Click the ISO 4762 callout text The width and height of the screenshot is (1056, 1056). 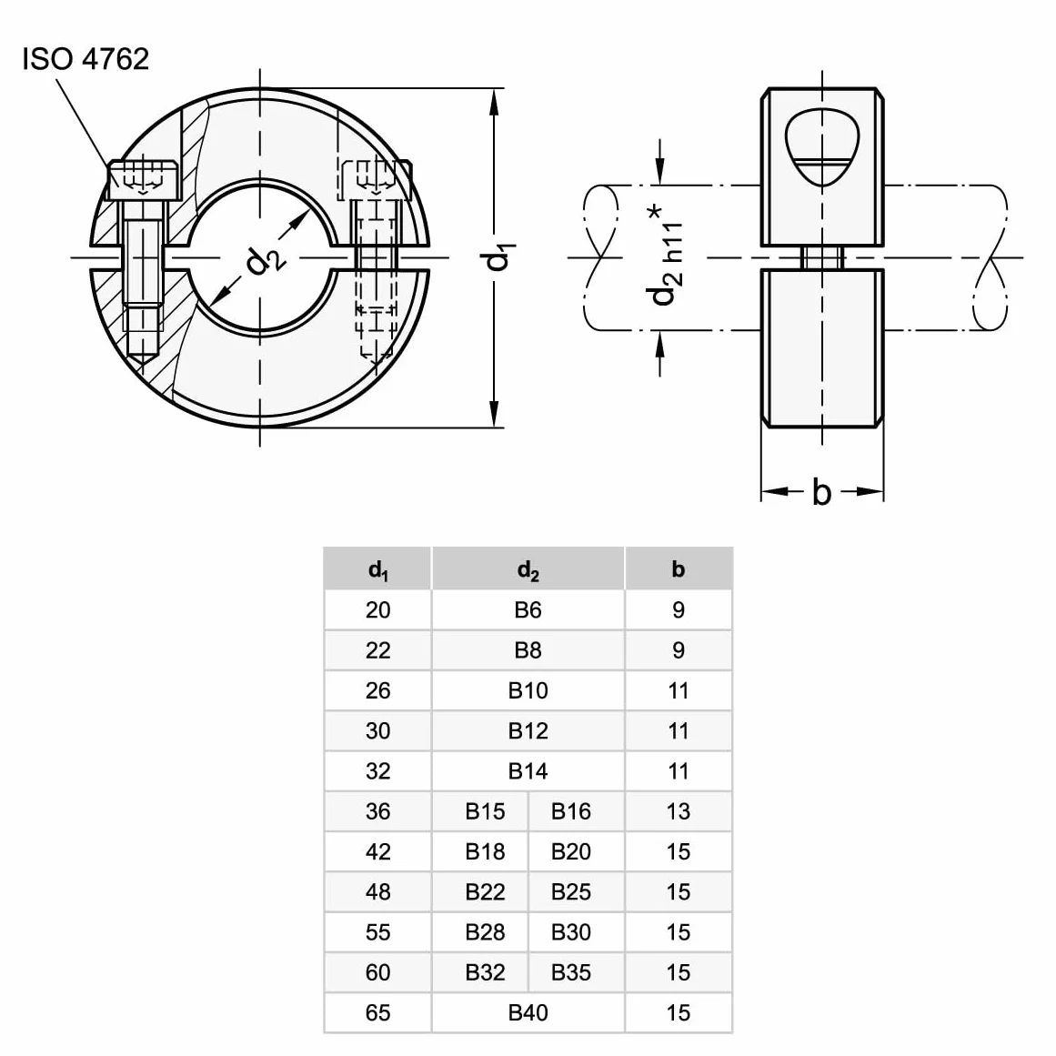tap(85, 59)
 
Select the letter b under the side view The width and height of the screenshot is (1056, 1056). tap(821, 492)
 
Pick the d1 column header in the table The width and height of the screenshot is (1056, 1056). tap(377, 569)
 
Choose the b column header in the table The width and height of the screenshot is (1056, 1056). tap(679, 569)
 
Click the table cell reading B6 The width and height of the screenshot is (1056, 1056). tap(528, 609)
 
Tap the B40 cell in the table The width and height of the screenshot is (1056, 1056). tap(528, 1012)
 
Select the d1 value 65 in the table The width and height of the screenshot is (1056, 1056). tap(377, 1012)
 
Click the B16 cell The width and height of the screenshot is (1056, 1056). tap(571, 810)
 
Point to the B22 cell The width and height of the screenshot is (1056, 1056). tap(485, 891)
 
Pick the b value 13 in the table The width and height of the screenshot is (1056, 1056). tap(679, 810)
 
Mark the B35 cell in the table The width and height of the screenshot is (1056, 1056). tap(571, 971)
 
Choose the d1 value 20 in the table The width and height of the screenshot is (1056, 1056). tap(377, 609)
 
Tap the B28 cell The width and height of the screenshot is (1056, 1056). tap(485, 932)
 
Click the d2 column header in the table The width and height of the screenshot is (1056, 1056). tap(528, 569)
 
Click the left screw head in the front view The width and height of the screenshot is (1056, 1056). tap(144, 180)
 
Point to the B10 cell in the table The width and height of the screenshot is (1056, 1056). tap(528, 690)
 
